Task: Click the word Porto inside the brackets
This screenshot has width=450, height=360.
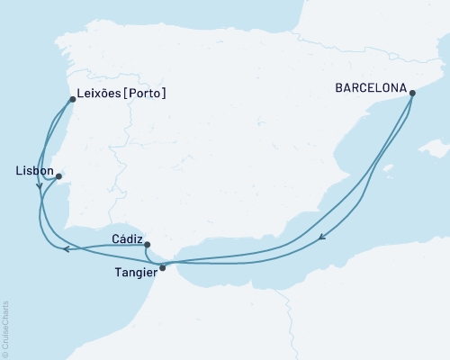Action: (146, 93)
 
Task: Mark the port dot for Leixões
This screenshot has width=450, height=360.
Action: (72, 99)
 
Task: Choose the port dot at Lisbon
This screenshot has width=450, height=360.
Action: (58, 176)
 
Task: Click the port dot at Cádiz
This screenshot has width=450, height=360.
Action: (147, 244)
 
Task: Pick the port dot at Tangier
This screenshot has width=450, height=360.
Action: (162, 267)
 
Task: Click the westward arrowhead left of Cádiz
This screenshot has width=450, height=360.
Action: (65, 249)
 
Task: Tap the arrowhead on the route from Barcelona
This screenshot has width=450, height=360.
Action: (322, 238)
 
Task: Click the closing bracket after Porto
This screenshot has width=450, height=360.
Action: (165, 93)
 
